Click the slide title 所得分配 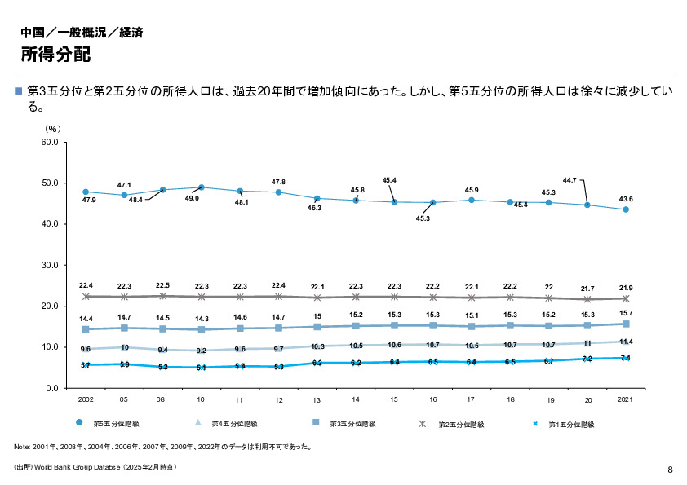pos(55,55)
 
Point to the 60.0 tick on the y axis pos(48,142)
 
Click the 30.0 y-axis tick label pos(48,265)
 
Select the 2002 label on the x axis pos(86,400)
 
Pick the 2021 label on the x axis pos(625,400)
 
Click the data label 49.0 pos(193,197)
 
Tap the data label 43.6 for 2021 pos(625,199)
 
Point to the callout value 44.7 pos(570,179)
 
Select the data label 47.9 pos(89,200)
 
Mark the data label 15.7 pos(625,313)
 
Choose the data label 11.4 pos(625,342)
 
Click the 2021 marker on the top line pos(625,209)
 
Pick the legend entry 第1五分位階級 pos(570,424)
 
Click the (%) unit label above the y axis pos(53,128)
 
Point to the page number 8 pos(670,470)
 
